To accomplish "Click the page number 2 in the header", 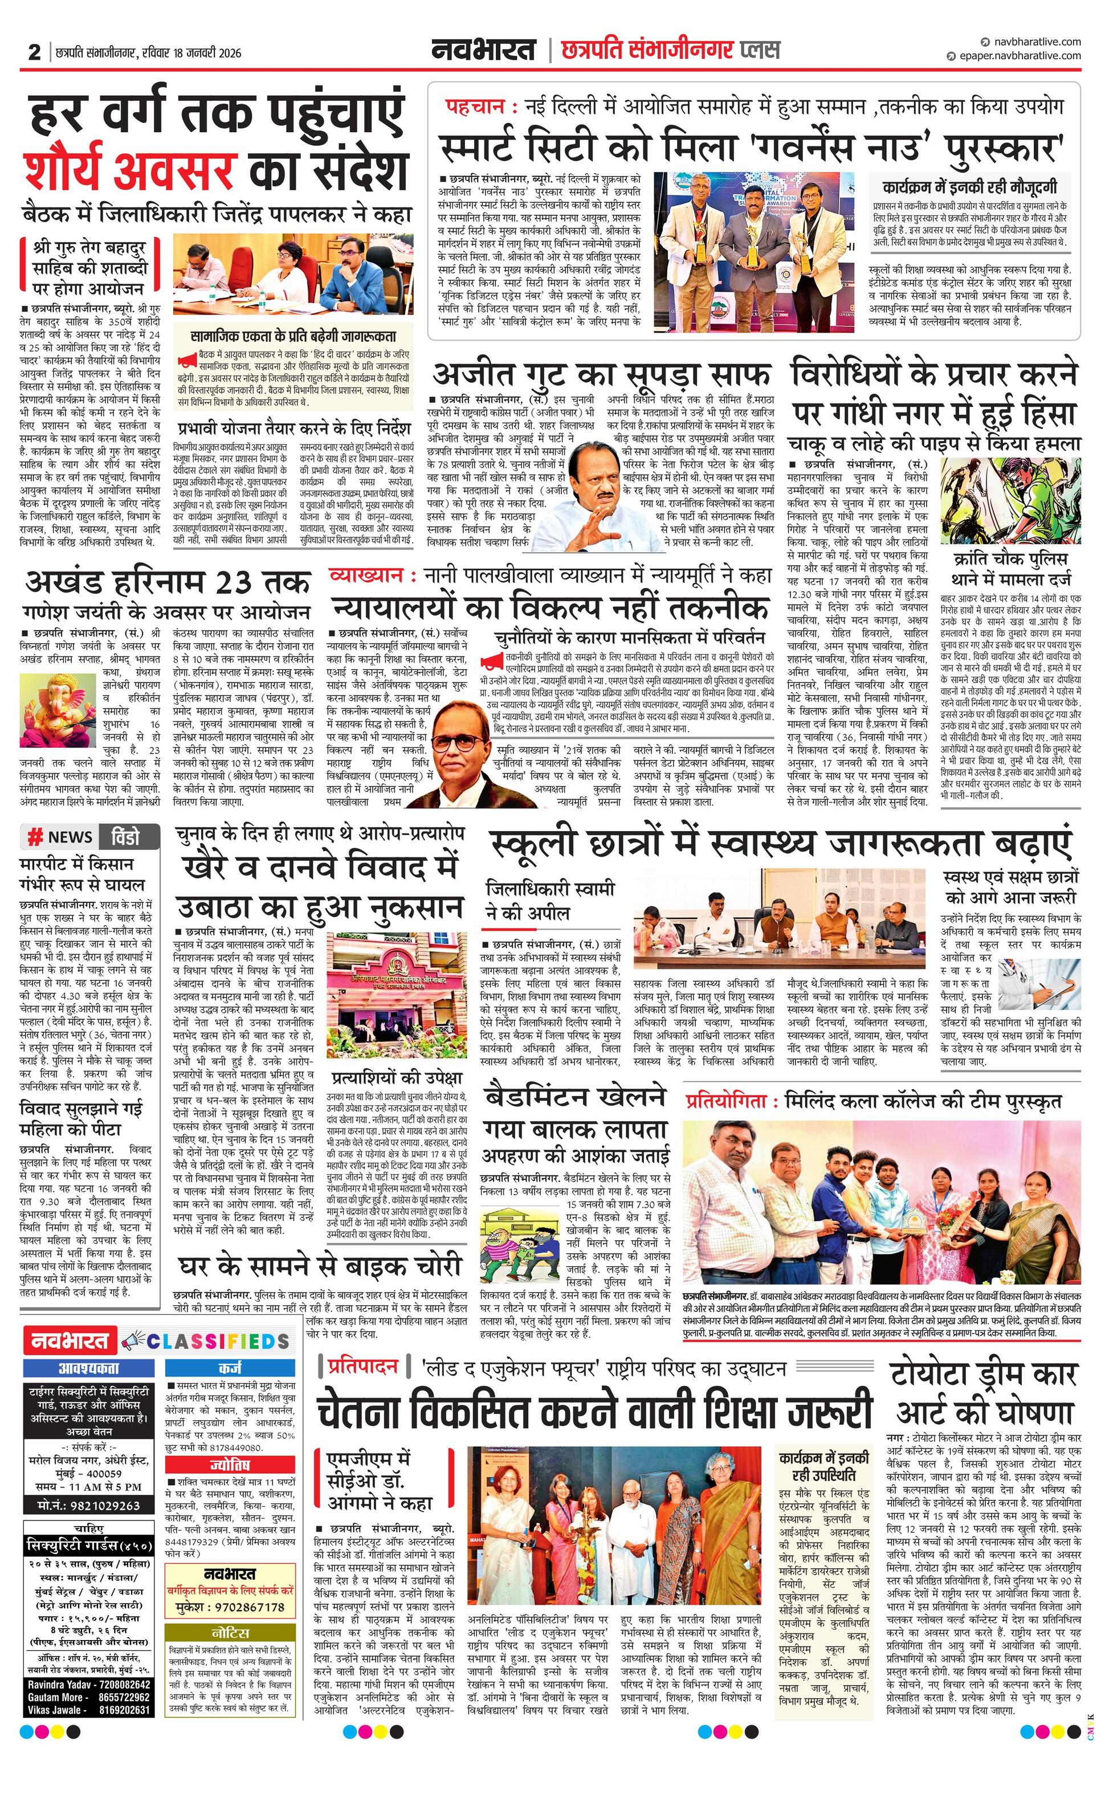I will tap(34, 53).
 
